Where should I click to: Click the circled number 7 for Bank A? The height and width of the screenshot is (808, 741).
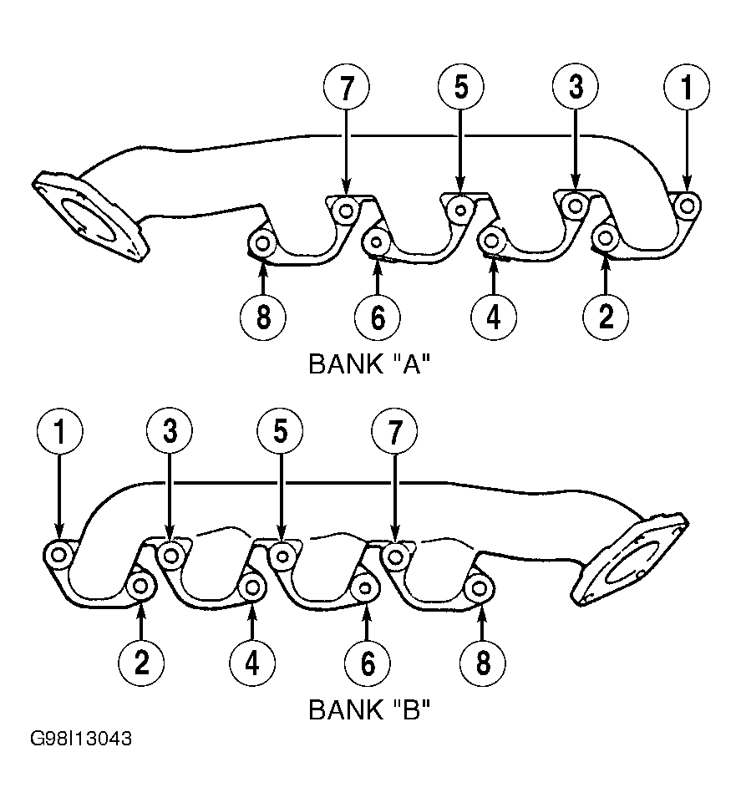pos(347,87)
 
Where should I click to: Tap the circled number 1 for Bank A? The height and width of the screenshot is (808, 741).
pos(687,87)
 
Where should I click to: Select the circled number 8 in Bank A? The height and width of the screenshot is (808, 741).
pos(263,317)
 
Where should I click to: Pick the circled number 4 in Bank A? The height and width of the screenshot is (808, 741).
pos(493,317)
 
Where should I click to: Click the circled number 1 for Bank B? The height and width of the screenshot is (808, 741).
pos(60,431)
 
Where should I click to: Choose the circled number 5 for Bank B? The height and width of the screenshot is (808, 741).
pos(281,431)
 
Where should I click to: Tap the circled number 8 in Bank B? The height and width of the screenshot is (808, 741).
pos(482,663)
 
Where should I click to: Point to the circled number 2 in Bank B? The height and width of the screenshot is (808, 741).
pos(141,663)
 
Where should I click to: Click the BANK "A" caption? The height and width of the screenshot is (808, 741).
pos(369,363)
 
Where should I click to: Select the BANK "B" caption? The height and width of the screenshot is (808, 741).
pos(369,709)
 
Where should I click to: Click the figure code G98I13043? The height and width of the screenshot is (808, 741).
pos(81,739)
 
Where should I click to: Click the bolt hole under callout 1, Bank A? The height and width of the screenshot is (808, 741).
pos(687,206)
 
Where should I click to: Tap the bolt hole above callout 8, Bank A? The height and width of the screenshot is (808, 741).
pos(262,242)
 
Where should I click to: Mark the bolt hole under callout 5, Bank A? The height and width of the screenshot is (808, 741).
pos(460,210)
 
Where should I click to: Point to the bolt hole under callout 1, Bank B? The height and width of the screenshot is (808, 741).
pos(58,555)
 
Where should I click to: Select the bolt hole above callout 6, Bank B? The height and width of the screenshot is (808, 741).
pos(365,588)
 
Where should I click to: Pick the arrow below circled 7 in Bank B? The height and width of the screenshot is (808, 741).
pos(395,497)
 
